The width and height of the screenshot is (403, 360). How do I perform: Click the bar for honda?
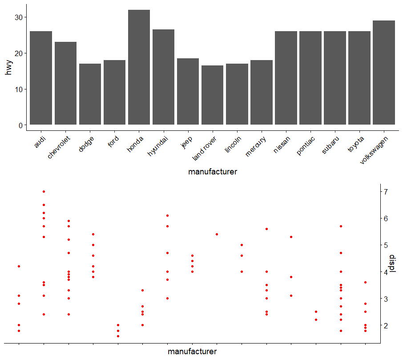point(139,67)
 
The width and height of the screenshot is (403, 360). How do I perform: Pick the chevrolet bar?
point(65,83)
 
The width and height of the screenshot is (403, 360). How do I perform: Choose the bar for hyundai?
point(163,77)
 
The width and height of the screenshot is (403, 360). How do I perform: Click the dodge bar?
point(90,94)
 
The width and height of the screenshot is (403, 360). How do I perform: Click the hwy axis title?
point(9,67)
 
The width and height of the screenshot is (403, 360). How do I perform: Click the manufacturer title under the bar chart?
point(212,172)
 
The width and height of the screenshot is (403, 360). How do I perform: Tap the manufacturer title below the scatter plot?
point(192,352)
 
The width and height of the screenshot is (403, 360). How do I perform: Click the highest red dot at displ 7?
point(44,191)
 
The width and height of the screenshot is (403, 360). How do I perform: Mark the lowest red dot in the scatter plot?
point(118,336)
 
